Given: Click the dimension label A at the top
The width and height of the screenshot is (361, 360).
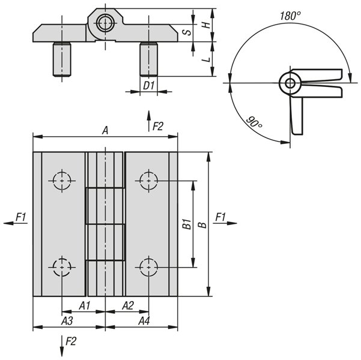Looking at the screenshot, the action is [105, 130].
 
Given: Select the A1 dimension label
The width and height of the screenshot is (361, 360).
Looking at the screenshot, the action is [85, 306].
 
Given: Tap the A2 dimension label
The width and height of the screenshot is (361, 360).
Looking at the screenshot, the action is [128, 306].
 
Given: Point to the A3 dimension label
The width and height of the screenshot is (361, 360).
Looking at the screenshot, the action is [67, 320].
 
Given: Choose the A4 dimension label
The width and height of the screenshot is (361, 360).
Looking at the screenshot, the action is [144, 320].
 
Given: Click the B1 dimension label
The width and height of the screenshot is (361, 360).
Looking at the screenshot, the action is [187, 224].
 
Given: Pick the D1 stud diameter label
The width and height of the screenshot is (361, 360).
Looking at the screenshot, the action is [149, 86].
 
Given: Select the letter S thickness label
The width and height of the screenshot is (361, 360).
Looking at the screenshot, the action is [187, 32].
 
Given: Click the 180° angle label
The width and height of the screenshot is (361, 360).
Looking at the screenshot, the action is [290, 16].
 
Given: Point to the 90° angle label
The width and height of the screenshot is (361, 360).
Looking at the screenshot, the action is [254, 122].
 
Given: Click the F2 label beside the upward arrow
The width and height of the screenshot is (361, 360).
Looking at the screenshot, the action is [158, 126].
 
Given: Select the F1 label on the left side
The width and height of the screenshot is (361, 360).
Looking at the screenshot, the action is [20, 217].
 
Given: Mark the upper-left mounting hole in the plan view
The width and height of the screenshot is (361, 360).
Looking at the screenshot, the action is [62, 181].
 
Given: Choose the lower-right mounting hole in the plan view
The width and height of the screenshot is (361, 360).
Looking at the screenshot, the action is [149, 267].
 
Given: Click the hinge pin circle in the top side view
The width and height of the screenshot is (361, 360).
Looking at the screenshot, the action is [106, 23].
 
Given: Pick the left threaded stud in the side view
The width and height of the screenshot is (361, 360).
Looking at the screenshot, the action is [62, 59].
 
